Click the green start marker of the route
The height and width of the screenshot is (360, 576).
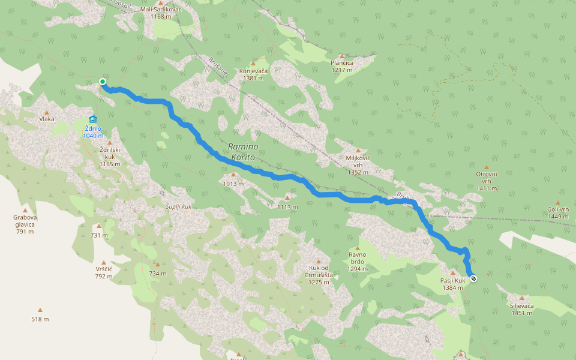[103, 82]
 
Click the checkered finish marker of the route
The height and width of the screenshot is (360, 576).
[474, 278]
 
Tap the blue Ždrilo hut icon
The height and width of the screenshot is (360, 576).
[92, 119]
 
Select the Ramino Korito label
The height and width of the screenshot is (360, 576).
[242, 152]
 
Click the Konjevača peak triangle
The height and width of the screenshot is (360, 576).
[253, 63]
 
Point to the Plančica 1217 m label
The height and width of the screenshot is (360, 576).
[341, 66]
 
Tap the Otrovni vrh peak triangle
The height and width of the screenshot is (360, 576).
[487, 167]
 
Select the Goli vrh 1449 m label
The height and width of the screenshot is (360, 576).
[557, 212]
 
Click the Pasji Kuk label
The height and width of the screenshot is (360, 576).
[453, 284]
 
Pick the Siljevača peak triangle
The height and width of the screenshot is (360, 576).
[521, 298]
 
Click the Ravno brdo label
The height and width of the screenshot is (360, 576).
[357, 261]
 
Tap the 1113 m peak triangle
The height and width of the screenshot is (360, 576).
[287, 197]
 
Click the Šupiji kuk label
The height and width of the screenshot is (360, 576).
[178, 206]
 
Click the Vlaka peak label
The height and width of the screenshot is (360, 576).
[47, 119]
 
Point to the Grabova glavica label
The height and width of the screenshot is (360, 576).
[25, 224]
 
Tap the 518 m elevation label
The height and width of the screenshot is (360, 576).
[40, 319]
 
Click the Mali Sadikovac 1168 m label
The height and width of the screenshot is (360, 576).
[160, 13]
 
